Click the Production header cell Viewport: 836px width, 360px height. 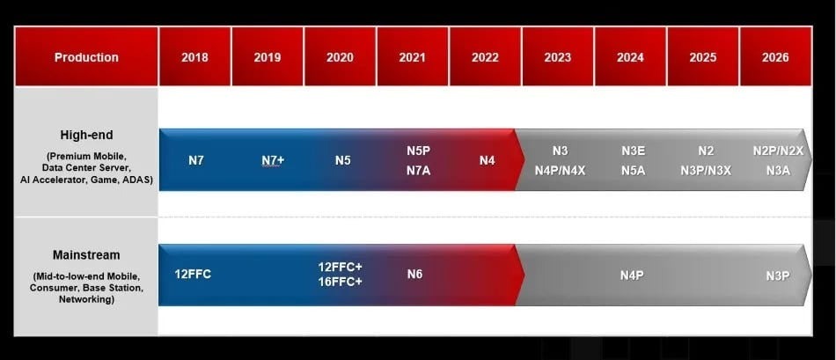point(86,57)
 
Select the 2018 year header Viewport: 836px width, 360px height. point(194,57)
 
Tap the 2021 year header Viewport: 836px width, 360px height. point(412,57)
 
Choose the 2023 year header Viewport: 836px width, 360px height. point(557,57)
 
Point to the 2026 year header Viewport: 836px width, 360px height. point(775,57)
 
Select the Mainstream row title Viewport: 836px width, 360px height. point(86,255)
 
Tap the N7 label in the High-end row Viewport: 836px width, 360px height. point(195,161)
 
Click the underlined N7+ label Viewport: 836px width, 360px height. point(272,161)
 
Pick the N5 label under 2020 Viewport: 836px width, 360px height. point(343,161)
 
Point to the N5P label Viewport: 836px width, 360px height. point(418,151)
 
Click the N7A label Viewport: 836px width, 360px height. point(418,171)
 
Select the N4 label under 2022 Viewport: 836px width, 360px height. point(487,161)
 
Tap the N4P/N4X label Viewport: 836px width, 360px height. point(560,171)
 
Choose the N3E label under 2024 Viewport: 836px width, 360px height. point(634,151)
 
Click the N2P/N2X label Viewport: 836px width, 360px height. point(778,151)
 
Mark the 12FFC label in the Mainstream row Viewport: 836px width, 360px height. point(193,274)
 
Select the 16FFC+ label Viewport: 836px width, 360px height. point(340,283)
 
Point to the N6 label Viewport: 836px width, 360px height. point(414,274)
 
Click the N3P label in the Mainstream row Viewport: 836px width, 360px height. point(777,276)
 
